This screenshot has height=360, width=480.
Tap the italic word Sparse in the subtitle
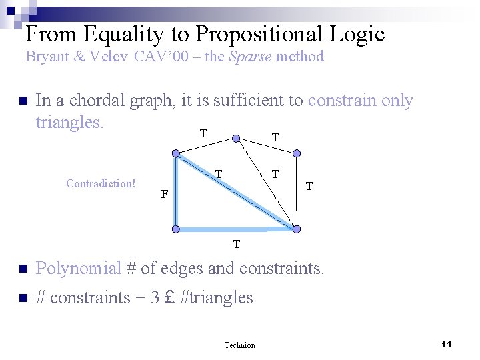pos(250,57)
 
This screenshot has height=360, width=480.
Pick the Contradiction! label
pos(101,183)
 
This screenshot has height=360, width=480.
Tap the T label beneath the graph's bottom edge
pos(237,244)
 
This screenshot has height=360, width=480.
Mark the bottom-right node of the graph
pos(297,229)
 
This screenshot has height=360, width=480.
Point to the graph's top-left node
pos(176,154)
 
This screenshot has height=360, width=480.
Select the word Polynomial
pos(78,268)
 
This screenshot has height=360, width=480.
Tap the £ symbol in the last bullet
pos(169,297)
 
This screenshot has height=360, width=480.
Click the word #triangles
pos(217,297)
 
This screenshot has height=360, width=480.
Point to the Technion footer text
pos(239,345)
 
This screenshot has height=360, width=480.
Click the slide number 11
pos(447,344)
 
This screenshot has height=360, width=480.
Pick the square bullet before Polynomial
pos(21,269)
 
